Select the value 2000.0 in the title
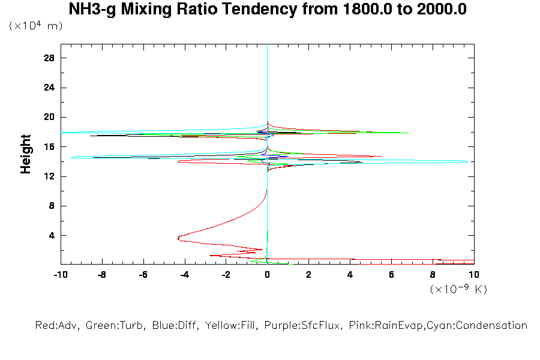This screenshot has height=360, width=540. coord(442,10)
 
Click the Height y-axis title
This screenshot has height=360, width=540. coord(26,154)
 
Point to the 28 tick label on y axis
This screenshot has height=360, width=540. coord(50,58)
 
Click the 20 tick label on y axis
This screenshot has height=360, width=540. coord(50,117)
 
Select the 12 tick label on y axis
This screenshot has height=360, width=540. coord(50,176)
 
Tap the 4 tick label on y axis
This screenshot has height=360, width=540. coord(52,235)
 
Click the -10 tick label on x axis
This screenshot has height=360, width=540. coord(60,274)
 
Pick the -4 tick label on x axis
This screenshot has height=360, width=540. coord(184,274)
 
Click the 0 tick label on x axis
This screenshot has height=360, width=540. coord(267,274)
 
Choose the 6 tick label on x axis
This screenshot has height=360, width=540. coord(391,274)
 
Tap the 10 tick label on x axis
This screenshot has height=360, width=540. coord(473,274)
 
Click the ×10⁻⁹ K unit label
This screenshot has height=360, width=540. coord(458,289)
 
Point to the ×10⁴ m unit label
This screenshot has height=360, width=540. coord(35,26)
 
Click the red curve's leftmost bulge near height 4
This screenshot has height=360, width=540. coord(179,238)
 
